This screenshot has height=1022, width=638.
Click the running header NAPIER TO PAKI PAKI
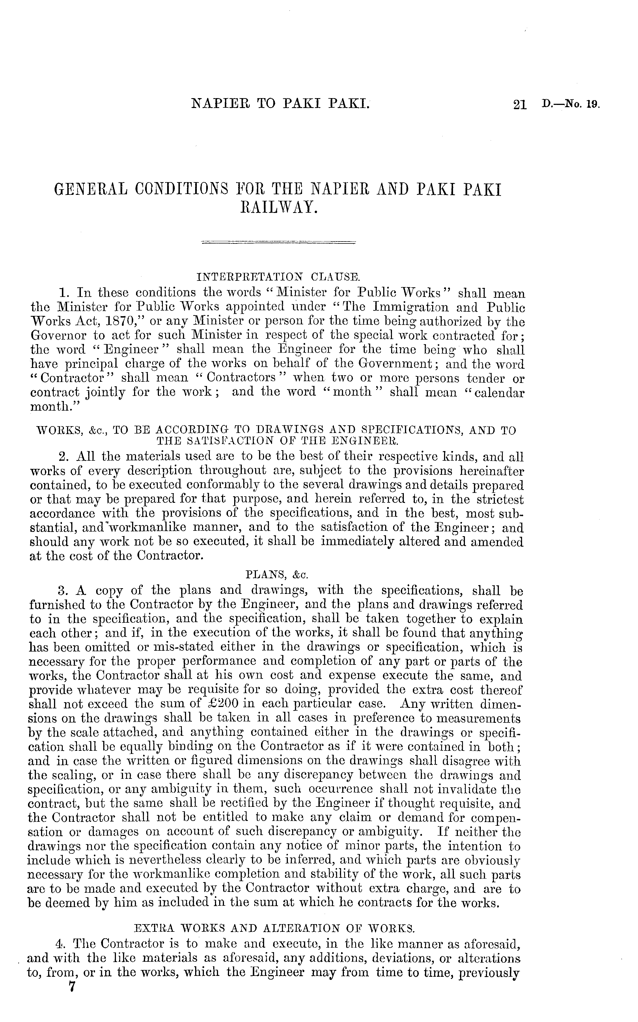281,103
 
